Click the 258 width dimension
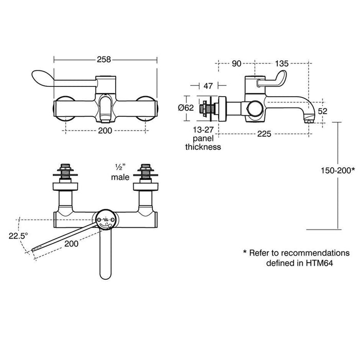click(x=104, y=60)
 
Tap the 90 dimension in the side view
click(x=236, y=63)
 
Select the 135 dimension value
click(x=281, y=63)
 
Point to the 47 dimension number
click(x=208, y=86)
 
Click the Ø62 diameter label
click(x=186, y=107)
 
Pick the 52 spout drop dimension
click(x=322, y=111)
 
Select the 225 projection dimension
click(x=264, y=134)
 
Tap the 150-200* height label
click(x=338, y=170)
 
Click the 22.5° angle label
click(x=19, y=236)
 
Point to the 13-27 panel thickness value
click(x=203, y=130)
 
